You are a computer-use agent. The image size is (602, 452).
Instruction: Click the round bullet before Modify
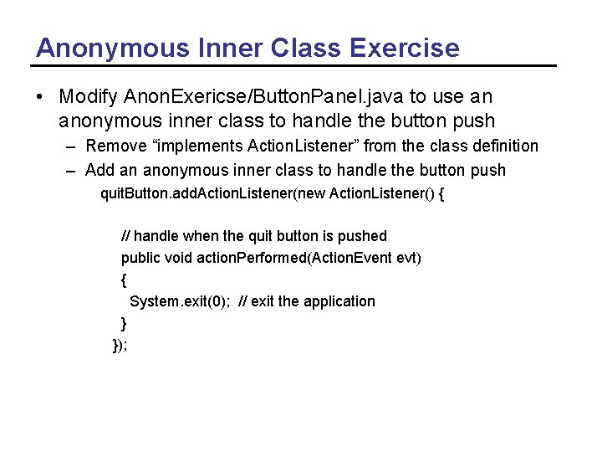(39, 97)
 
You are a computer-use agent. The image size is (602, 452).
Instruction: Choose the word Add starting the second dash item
(100, 171)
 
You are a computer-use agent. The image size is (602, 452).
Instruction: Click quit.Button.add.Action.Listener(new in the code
(212, 195)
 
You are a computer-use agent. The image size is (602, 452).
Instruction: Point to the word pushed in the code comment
(362, 236)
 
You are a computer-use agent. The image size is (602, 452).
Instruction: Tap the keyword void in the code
(179, 257)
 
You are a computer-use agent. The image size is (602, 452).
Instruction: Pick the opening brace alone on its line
(124, 279)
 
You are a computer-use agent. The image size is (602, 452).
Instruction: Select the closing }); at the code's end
(120, 344)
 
